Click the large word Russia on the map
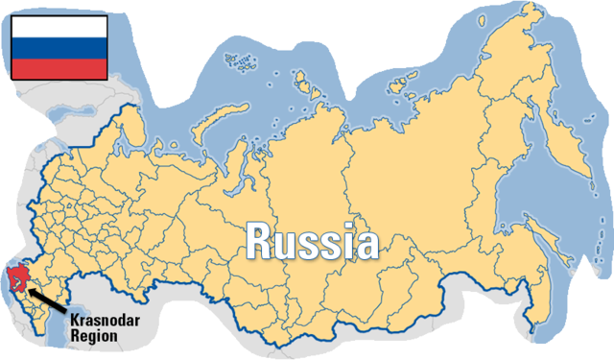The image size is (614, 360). [311, 241]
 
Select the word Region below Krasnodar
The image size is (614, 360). [93, 336]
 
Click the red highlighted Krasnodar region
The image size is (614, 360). [16, 278]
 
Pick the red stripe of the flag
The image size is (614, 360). [59, 67]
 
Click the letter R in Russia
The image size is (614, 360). [258, 241]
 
